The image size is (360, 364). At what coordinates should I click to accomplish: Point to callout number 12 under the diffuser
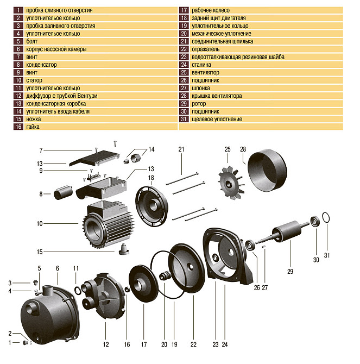105,344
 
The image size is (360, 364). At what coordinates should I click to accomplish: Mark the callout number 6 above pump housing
57,268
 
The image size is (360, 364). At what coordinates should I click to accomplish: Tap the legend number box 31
184,119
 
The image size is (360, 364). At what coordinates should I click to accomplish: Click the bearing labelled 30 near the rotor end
314,221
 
